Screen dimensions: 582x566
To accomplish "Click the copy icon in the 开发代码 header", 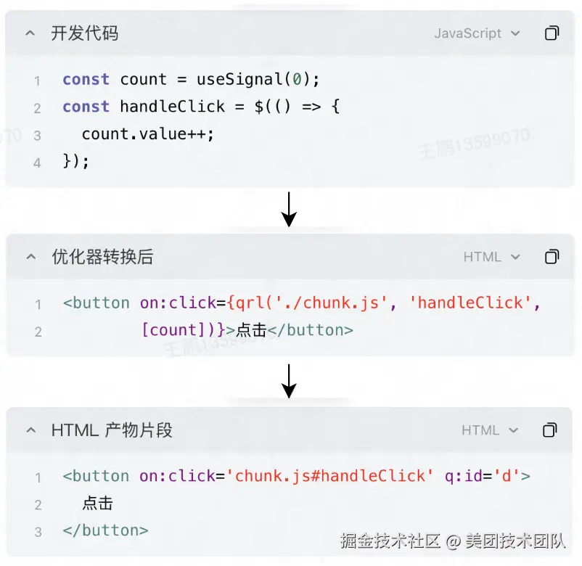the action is [x=552, y=33].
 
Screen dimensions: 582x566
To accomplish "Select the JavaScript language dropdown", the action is [x=477, y=33].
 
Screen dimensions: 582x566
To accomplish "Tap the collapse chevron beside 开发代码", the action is [x=30, y=33].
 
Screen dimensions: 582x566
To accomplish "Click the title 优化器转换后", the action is [x=102, y=257].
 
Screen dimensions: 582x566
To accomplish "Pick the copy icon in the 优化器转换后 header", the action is [x=552, y=257].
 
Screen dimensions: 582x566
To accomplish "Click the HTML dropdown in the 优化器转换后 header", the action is [x=491, y=257].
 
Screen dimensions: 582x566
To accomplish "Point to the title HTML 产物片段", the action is [x=112, y=430].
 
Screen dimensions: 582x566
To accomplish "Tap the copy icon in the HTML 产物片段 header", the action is [x=550, y=430].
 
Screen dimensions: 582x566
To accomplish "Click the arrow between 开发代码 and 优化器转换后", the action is [x=289, y=209].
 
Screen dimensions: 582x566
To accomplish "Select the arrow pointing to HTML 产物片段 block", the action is [x=289, y=381].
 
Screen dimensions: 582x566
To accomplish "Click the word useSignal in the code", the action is [x=240, y=79].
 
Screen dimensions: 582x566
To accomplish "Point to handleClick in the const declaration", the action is [x=172, y=107].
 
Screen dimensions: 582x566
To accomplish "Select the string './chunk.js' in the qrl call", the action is [x=332, y=303].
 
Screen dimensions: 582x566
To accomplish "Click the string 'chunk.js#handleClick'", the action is [x=329, y=476].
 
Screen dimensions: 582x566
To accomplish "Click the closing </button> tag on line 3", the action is [x=105, y=530].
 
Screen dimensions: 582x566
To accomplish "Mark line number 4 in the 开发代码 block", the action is [x=37, y=163].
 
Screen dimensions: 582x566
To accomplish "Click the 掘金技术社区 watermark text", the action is [x=390, y=541].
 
